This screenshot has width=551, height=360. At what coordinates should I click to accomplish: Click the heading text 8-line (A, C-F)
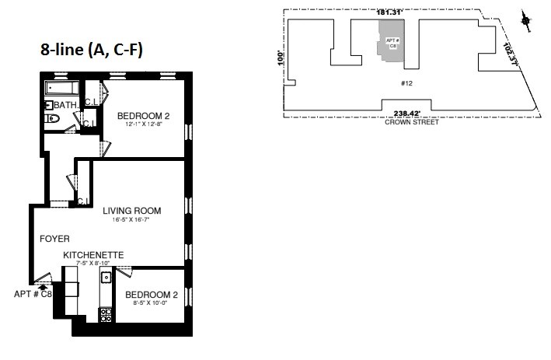pyautogui.click(x=92, y=49)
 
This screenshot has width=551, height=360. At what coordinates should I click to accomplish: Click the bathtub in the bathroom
pyautogui.click(x=62, y=87)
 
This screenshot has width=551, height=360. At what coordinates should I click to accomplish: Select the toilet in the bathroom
pyautogui.click(x=52, y=119)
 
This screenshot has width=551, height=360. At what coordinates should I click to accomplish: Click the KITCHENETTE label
pyautogui.click(x=93, y=255)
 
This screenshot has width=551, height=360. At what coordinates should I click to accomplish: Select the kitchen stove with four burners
pyautogui.click(x=105, y=314)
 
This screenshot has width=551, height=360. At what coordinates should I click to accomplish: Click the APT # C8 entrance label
pyautogui.click(x=33, y=294)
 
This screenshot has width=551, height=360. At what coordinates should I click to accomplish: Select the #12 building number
pyautogui.click(x=405, y=82)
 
